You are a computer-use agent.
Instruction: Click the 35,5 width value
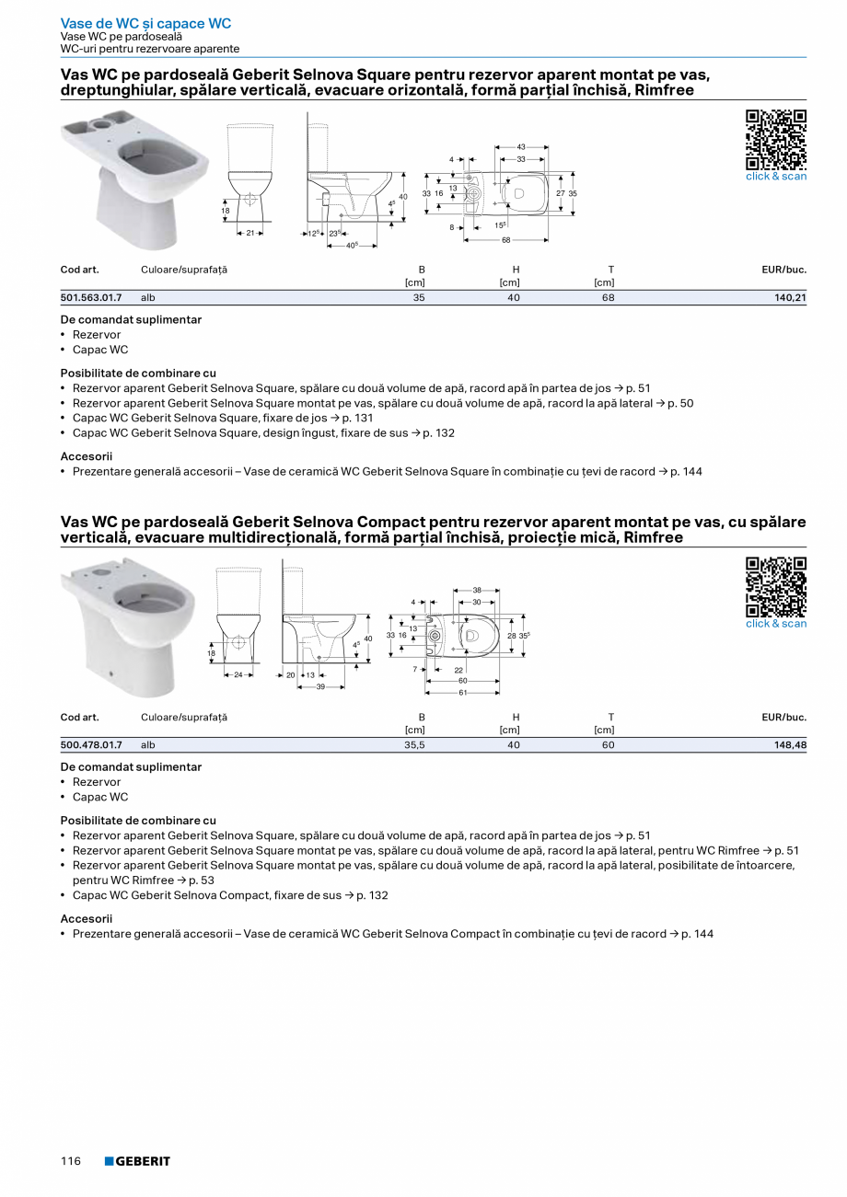click(x=414, y=745)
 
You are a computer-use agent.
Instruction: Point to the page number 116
click(x=71, y=1161)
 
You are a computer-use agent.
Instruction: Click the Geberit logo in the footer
click(x=137, y=1161)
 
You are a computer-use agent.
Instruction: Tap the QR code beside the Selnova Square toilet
click(x=775, y=139)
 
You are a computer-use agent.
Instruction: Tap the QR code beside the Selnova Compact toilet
click(x=775, y=586)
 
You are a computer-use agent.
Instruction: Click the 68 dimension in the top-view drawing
click(x=506, y=240)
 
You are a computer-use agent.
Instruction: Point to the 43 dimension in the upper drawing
click(x=521, y=147)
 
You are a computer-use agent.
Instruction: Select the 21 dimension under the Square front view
click(x=249, y=234)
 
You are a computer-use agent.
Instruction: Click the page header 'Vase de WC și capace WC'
click(x=145, y=23)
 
